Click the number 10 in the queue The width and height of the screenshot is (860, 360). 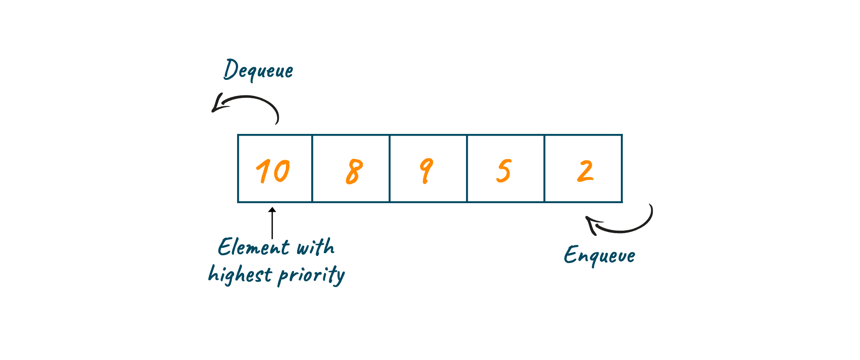point(273,171)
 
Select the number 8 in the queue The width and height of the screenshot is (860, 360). point(354,171)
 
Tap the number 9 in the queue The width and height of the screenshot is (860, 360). point(426,171)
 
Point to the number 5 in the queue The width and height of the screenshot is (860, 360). point(504,171)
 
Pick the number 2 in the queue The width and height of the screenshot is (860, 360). point(586,171)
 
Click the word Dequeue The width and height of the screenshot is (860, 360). point(258,70)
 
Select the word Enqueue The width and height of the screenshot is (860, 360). point(600,255)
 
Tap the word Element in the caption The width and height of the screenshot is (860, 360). point(253,247)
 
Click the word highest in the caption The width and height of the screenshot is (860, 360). point(240,274)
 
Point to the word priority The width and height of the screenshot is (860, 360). point(311,275)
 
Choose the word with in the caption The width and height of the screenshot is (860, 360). point(315,247)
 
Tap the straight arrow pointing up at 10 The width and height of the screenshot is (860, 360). point(272,223)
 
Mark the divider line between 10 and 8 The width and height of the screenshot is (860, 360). point(312,168)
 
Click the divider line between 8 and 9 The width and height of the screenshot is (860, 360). point(389,168)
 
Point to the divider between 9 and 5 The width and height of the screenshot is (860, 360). point(467,168)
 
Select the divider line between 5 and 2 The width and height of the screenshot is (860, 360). point(544,168)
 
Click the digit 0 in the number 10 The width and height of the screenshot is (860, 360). point(282,171)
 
